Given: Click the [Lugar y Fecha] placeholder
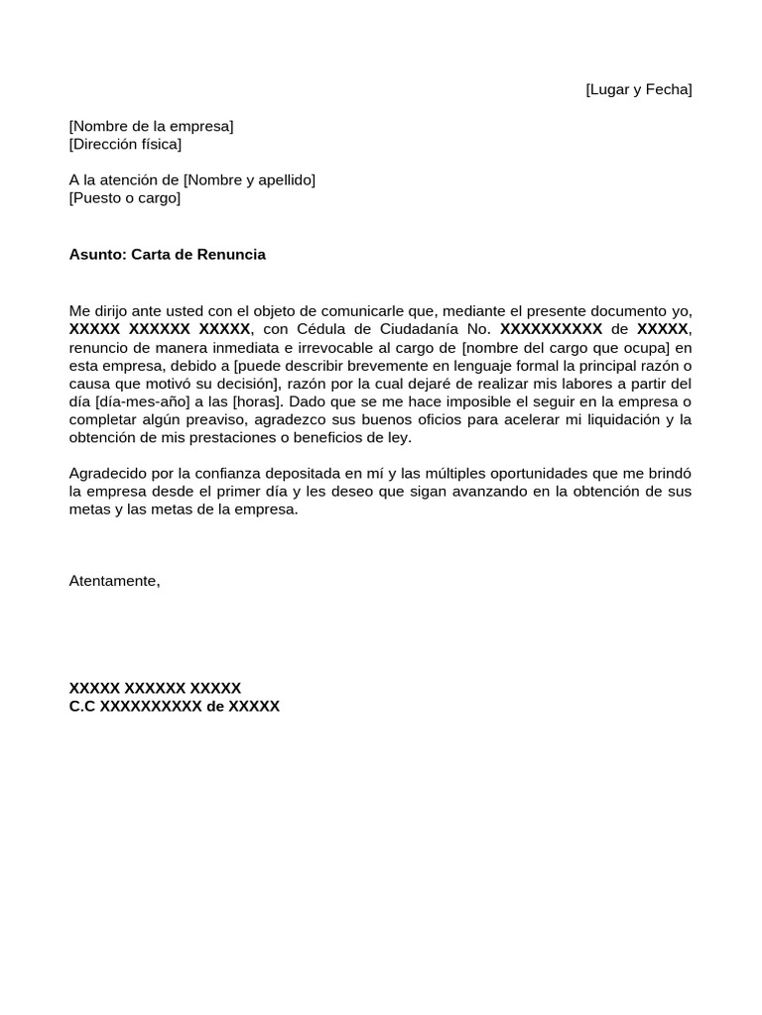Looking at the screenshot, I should pyautogui.click(x=638, y=90).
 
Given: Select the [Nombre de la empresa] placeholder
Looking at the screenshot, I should pyautogui.click(x=151, y=126).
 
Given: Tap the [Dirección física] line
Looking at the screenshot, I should pyautogui.click(x=125, y=144).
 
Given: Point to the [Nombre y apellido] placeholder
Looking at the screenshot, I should pyautogui.click(x=249, y=179).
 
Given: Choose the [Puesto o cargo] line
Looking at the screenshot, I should pyautogui.click(x=125, y=197).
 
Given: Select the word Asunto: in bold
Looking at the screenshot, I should pyautogui.click(x=98, y=255).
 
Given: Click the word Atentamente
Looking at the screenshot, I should pyautogui.click(x=114, y=581).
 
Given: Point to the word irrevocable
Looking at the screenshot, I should pyautogui.click(x=301, y=347).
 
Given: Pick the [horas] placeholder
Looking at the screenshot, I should pyautogui.click(x=261, y=401).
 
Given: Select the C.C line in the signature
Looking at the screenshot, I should pyautogui.click(x=174, y=707).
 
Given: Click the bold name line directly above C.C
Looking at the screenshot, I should pyautogui.click(x=155, y=689).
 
